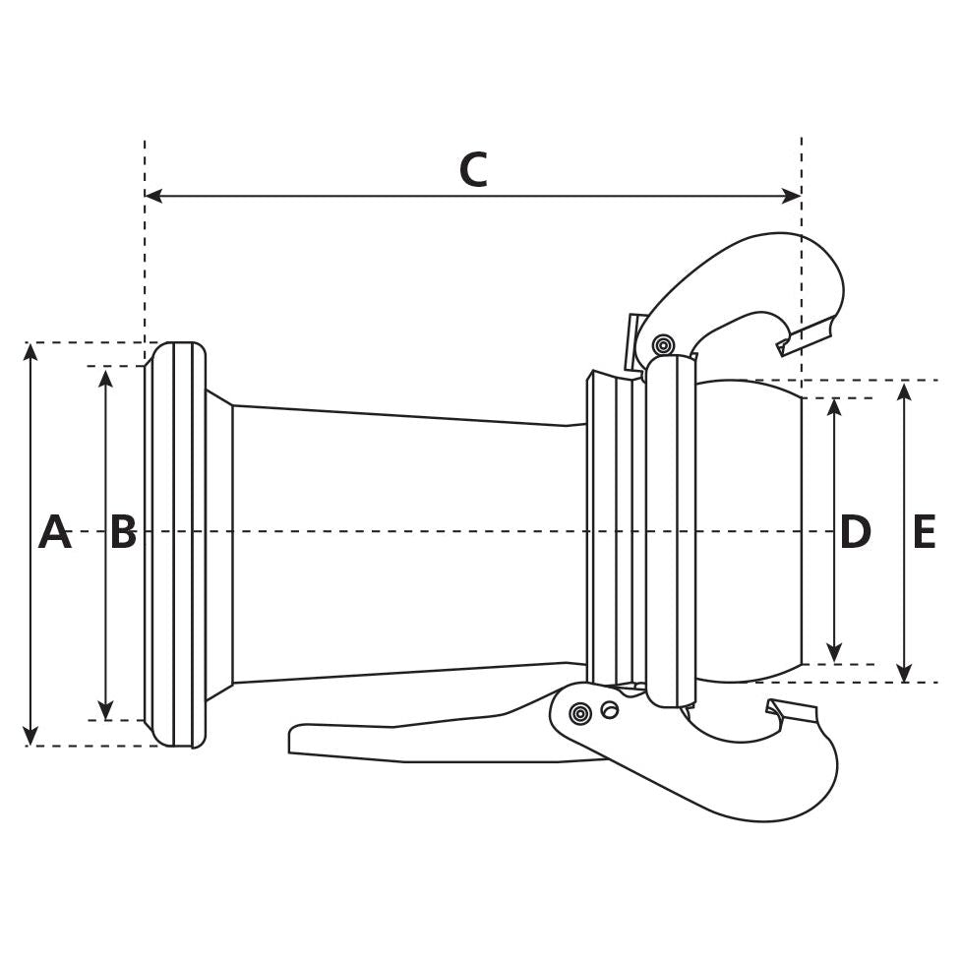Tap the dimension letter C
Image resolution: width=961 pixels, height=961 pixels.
(x=473, y=170)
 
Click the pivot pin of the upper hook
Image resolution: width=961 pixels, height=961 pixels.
(x=664, y=345)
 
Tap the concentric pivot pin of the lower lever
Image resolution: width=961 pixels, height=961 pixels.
(x=580, y=713)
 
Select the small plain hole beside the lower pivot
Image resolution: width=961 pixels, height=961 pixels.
(x=610, y=710)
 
